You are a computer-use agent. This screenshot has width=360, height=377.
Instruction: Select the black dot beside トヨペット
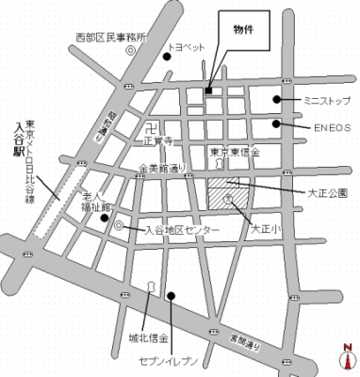pyautogui.click(x=167, y=57)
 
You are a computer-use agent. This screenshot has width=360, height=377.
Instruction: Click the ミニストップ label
pyautogui.click(x=324, y=99)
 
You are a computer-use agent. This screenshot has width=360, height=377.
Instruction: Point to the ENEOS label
pyautogui.click(x=323, y=123)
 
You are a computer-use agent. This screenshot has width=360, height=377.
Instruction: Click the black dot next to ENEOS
pyautogui.click(x=277, y=123)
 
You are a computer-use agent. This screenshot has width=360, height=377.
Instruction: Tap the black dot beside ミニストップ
pyautogui.click(x=277, y=99)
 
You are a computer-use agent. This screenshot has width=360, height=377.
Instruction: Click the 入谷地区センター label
pyautogui.click(x=182, y=230)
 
